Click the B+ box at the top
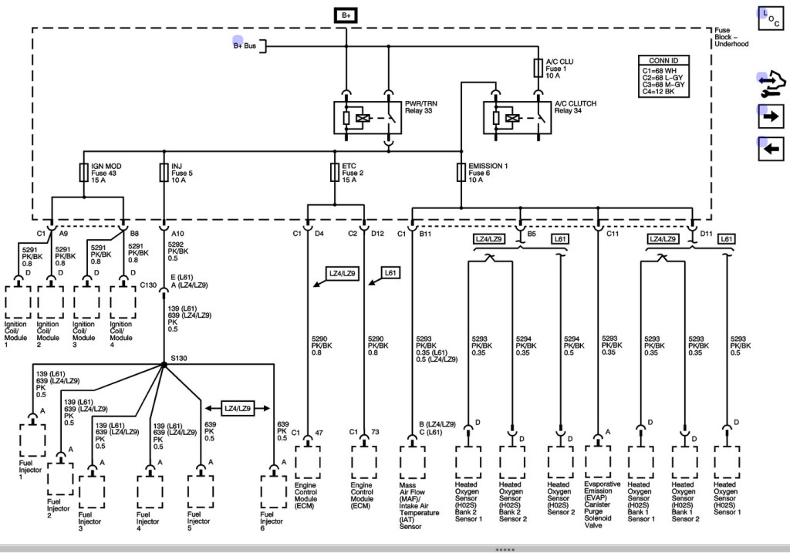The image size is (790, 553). pyautogui.click(x=346, y=15)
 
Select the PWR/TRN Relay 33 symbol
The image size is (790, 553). pyautogui.click(x=367, y=118)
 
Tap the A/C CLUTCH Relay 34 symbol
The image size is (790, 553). pyautogui.click(x=517, y=118)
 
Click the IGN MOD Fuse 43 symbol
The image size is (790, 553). pyautogui.click(x=84, y=172)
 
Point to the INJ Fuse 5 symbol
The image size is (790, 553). pyautogui.click(x=164, y=172)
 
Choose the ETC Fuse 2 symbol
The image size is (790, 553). pyautogui.click(x=335, y=172)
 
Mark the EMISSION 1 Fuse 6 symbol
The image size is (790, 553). pyautogui.click(x=461, y=172)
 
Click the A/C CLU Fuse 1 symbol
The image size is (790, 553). pyautogui.click(x=538, y=68)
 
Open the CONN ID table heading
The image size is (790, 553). pyautogui.click(x=663, y=60)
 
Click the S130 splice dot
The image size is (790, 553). pyautogui.click(x=164, y=364)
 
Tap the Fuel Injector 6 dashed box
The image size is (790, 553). pyautogui.click(x=274, y=491)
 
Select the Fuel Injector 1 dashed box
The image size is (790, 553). pyautogui.click(x=32, y=440)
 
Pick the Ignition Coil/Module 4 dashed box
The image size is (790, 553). pyautogui.click(x=123, y=302)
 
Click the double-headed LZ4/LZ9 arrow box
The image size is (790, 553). pyautogui.click(x=238, y=408)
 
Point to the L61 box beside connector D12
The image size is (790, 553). pyautogui.click(x=390, y=273)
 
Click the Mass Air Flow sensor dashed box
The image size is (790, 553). pyautogui.click(x=412, y=462)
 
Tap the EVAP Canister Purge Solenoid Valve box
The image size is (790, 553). pyautogui.click(x=598, y=462)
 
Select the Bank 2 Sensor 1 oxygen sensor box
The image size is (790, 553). pyautogui.click(x=468, y=462)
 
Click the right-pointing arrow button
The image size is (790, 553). pyautogui.click(x=771, y=116)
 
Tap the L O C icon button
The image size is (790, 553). pyautogui.click(x=771, y=19)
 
